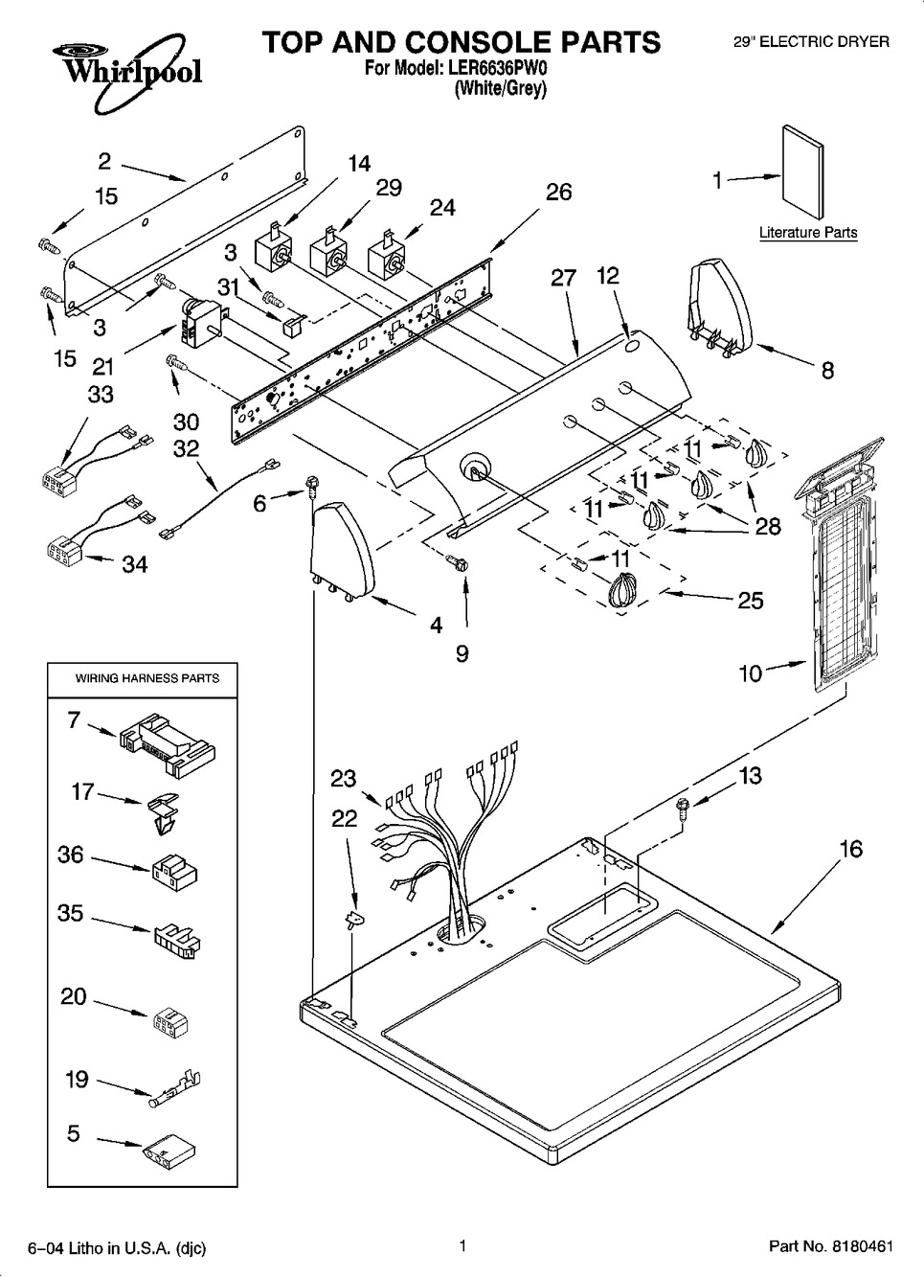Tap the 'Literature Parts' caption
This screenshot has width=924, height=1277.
click(808, 233)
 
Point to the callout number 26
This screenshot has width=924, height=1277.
click(558, 192)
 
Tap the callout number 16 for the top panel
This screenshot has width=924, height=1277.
click(850, 848)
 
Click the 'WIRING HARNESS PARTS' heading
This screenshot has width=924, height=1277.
click(147, 678)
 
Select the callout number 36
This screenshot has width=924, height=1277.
click(71, 855)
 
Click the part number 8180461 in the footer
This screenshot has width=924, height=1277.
click(860, 1246)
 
